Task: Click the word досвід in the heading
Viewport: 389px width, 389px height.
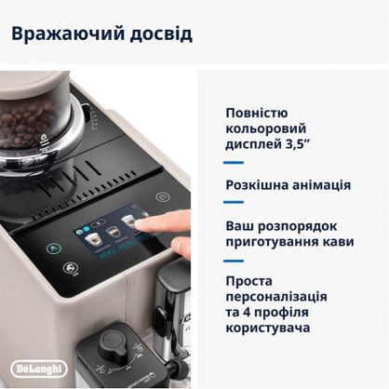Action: tap(161, 34)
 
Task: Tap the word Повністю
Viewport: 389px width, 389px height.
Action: tap(257, 114)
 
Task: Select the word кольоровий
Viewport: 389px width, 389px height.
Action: tap(266, 129)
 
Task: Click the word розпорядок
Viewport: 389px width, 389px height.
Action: tap(297, 227)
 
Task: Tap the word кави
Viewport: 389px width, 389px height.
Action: tap(339, 242)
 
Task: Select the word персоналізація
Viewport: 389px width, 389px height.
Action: tap(276, 297)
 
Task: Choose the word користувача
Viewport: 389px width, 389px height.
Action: tap(268, 328)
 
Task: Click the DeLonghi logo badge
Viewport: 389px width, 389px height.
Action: tap(39, 369)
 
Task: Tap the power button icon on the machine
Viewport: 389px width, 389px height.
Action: tap(163, 197)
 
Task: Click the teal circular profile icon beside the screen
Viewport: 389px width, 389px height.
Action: tap(54, 248)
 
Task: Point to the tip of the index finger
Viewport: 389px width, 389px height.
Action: tap(137, 224)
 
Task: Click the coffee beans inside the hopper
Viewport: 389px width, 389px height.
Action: tap(30, 124)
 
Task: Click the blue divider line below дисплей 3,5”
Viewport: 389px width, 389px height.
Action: tap(234, 163)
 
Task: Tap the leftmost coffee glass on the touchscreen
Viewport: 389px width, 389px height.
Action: tap(93, 239)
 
